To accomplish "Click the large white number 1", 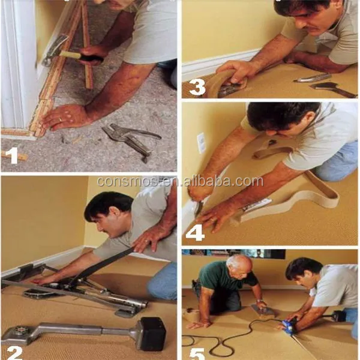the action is point(12,155).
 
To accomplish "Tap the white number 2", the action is point(14,352).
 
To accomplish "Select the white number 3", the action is point(197,87).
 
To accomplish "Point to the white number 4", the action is point(195,233).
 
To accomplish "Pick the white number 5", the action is point(197,354).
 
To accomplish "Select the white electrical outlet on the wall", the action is point(202,143).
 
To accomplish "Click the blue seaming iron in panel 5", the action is point(288,325).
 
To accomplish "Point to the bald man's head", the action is point(239,266).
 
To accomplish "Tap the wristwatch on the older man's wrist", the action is point(260,301).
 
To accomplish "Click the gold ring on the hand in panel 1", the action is point(61,119).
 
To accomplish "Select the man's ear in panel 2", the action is point(118,212).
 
